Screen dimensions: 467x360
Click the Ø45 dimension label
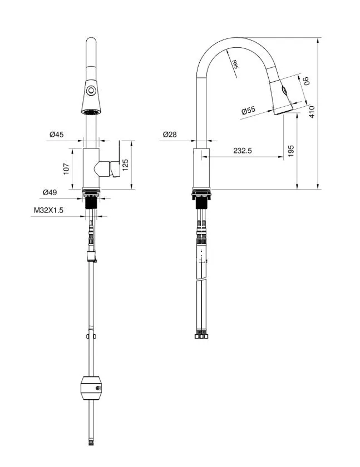(x=57, y=134)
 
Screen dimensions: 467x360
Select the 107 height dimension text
(x=67, y=168)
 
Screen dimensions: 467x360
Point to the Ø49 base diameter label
(x=50, y=192)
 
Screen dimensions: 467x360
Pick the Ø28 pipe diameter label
(x=170, y=135)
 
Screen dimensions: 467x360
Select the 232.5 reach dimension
(x=243, y=151)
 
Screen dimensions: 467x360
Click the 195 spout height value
(x=292, y=151)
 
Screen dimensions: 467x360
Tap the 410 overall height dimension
(x=312, y=112)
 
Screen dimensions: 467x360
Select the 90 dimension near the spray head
(x=305, y=81)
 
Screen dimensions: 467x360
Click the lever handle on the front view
(x=115, y=165)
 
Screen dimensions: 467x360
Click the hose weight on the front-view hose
(x=91, y=387)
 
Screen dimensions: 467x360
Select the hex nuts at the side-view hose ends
(x=201, y=336)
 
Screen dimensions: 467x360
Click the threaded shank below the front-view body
(x=91, y=207)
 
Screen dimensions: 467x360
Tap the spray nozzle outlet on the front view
(x=91, y=112)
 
